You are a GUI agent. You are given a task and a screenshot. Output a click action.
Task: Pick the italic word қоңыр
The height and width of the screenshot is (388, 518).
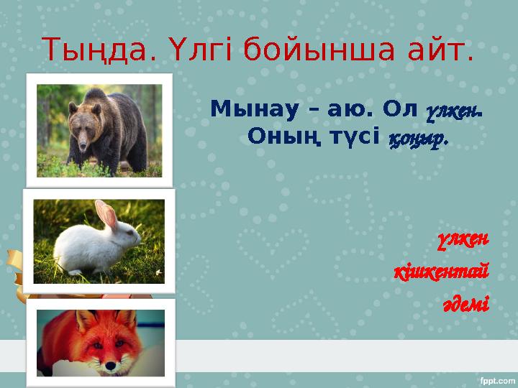pyautogui.click(x=418, y=137)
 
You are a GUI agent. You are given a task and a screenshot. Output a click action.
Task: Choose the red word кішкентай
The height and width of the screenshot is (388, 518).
pyautogui.click(x=441, y=273)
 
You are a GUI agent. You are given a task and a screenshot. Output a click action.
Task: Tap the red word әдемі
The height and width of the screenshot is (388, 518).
pyautogui.click(x=466, y=305)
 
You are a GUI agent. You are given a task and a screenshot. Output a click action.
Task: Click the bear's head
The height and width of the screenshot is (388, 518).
pyautogui.click(x=86, y=116)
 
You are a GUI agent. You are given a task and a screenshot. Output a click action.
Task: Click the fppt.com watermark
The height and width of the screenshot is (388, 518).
pyautogui.click(x=496, y=379)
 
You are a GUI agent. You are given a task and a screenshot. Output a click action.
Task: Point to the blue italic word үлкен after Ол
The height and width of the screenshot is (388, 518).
pyautogui.click(x=453, y=110)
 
